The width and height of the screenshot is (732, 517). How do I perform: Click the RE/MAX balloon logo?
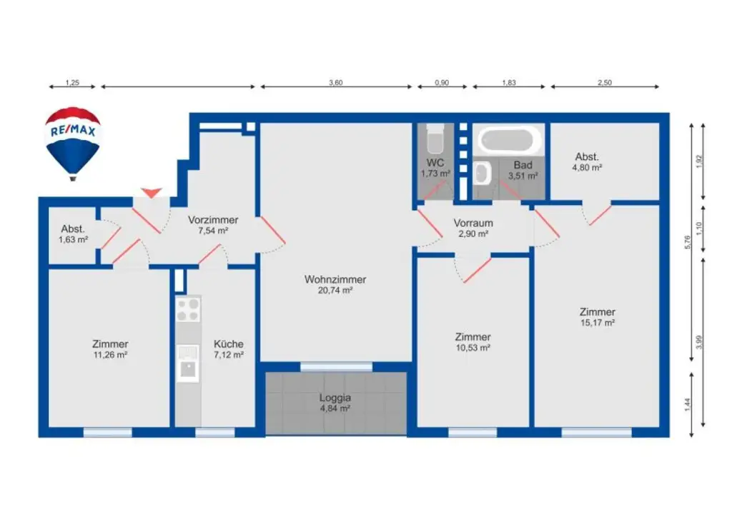[x=73, y=141]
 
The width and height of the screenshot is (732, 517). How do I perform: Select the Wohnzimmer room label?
[x=335, y=284]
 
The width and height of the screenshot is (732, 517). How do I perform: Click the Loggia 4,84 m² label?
[x=335, y=403]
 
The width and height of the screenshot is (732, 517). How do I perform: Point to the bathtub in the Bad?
[x=509, y=140]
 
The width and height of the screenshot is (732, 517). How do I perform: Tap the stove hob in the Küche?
[x=188, y=309]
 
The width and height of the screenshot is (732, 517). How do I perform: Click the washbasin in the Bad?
[x=483, y=173]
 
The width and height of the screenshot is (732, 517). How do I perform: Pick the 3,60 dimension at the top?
[x=336, y=83]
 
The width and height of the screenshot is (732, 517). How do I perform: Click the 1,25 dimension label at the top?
[x=71, y=83]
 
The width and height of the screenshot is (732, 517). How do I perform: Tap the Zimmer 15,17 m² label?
[x=598, y=317]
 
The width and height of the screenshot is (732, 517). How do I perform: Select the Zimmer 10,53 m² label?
[x=473, y=342]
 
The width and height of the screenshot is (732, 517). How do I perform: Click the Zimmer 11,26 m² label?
[x=110, y=348]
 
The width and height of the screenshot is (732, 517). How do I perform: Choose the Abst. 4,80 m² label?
[x=587, y=162]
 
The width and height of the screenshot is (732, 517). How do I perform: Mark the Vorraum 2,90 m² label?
[x=473, y=228]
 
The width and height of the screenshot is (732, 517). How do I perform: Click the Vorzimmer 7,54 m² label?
[x=213, y=225]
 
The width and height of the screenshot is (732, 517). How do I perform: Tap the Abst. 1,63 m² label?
[x=74, y=234]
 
